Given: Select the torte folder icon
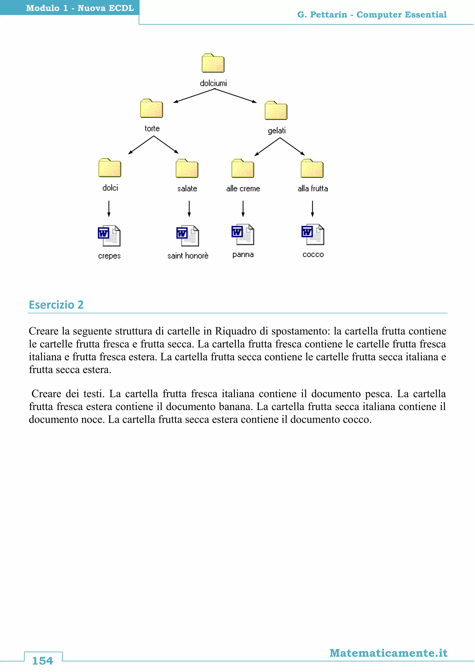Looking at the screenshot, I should coord(151,108).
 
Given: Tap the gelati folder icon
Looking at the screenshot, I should coord(276,111).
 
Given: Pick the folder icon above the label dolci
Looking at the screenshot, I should coord(110,168).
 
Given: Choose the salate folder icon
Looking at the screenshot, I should coord(187,169).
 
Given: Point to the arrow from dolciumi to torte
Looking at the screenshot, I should coord(194,96).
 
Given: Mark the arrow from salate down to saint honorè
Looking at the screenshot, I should coord(189,208).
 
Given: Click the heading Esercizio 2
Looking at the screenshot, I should coord(56,305).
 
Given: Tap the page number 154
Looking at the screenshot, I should coord(43,661).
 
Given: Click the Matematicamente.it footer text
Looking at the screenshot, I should coord(388,653).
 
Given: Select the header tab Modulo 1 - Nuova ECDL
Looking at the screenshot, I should coord(80,8).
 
